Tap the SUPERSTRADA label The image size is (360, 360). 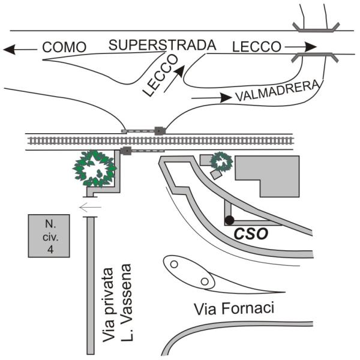click(x=163, y=45)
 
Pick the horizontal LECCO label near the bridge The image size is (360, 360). click(x=256, y=46)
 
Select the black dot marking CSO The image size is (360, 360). click(x=229, y=220)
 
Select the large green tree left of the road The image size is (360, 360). click(x=94, y=167)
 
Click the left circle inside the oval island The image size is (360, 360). click(x=174, y=263)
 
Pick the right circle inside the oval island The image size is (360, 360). click(x=205, y=281)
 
